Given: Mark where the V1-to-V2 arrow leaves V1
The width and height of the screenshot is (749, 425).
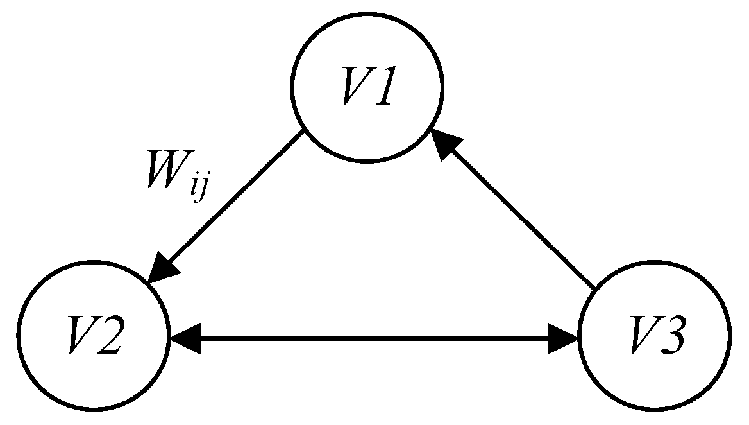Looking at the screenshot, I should pyautogui.click(x=303, y=132).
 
